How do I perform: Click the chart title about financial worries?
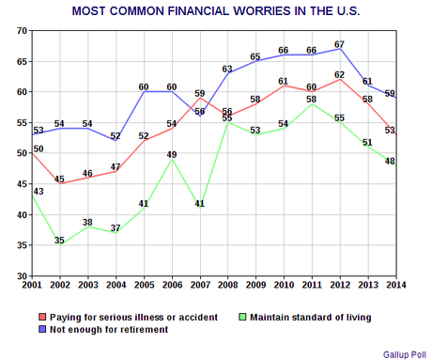click(215, 11)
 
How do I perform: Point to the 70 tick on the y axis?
click(21, 31)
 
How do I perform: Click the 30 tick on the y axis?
click(21, 276)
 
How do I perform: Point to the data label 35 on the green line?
click(60, 241)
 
